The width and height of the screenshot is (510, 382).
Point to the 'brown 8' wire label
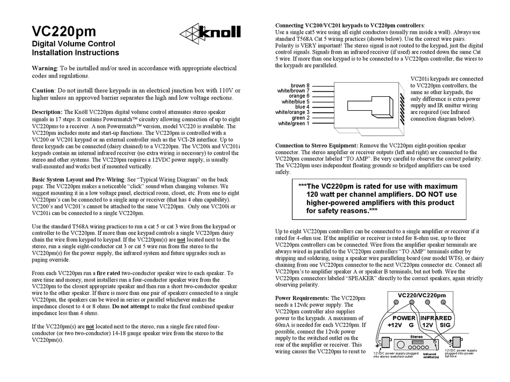pyautogui.click(x=300, y=85)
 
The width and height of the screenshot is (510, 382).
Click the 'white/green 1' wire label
pyautogui.click(x=294, y=124)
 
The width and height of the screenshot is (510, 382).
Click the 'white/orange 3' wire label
pyautogui.click(x=293, y=112)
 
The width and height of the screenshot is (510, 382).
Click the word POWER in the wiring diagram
pyautogui.click(x=400, y=318)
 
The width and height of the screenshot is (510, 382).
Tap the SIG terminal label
pyautogui.click(x=445, y=326)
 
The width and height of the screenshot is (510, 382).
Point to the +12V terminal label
pyautogui.click(x=395, y=326)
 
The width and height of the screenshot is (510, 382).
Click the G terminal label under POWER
pyautogui.click(x=411, y=326)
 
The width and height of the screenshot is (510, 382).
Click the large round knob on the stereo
pyautogui.click(x=433, y=342)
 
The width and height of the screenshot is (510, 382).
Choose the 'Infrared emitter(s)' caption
pyautogui.click(x=429, y=356)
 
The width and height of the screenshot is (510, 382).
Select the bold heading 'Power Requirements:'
pyautogui.click(x=302, y=298)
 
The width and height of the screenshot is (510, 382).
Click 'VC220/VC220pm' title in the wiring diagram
pyautogui.click(x=421, y=295)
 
